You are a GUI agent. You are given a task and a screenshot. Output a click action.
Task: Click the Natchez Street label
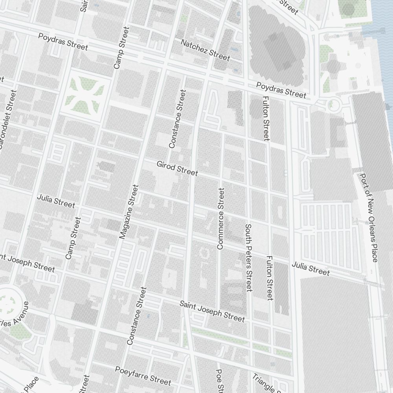(205, 50)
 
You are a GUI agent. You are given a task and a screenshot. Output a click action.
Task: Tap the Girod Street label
(177, 168)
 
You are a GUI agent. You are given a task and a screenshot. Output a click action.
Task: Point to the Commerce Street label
(220, 219)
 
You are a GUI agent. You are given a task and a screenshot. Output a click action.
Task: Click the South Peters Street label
(248, 258)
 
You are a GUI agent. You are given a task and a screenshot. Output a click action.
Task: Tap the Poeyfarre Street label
(143, 376)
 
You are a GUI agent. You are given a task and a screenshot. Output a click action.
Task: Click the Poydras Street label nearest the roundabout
(281, 90)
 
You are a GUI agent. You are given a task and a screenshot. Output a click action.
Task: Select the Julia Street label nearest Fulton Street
(310, 268)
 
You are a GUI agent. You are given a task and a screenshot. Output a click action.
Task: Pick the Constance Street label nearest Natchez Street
(177, 119)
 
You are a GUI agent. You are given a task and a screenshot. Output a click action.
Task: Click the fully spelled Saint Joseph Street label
(212, 311)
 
